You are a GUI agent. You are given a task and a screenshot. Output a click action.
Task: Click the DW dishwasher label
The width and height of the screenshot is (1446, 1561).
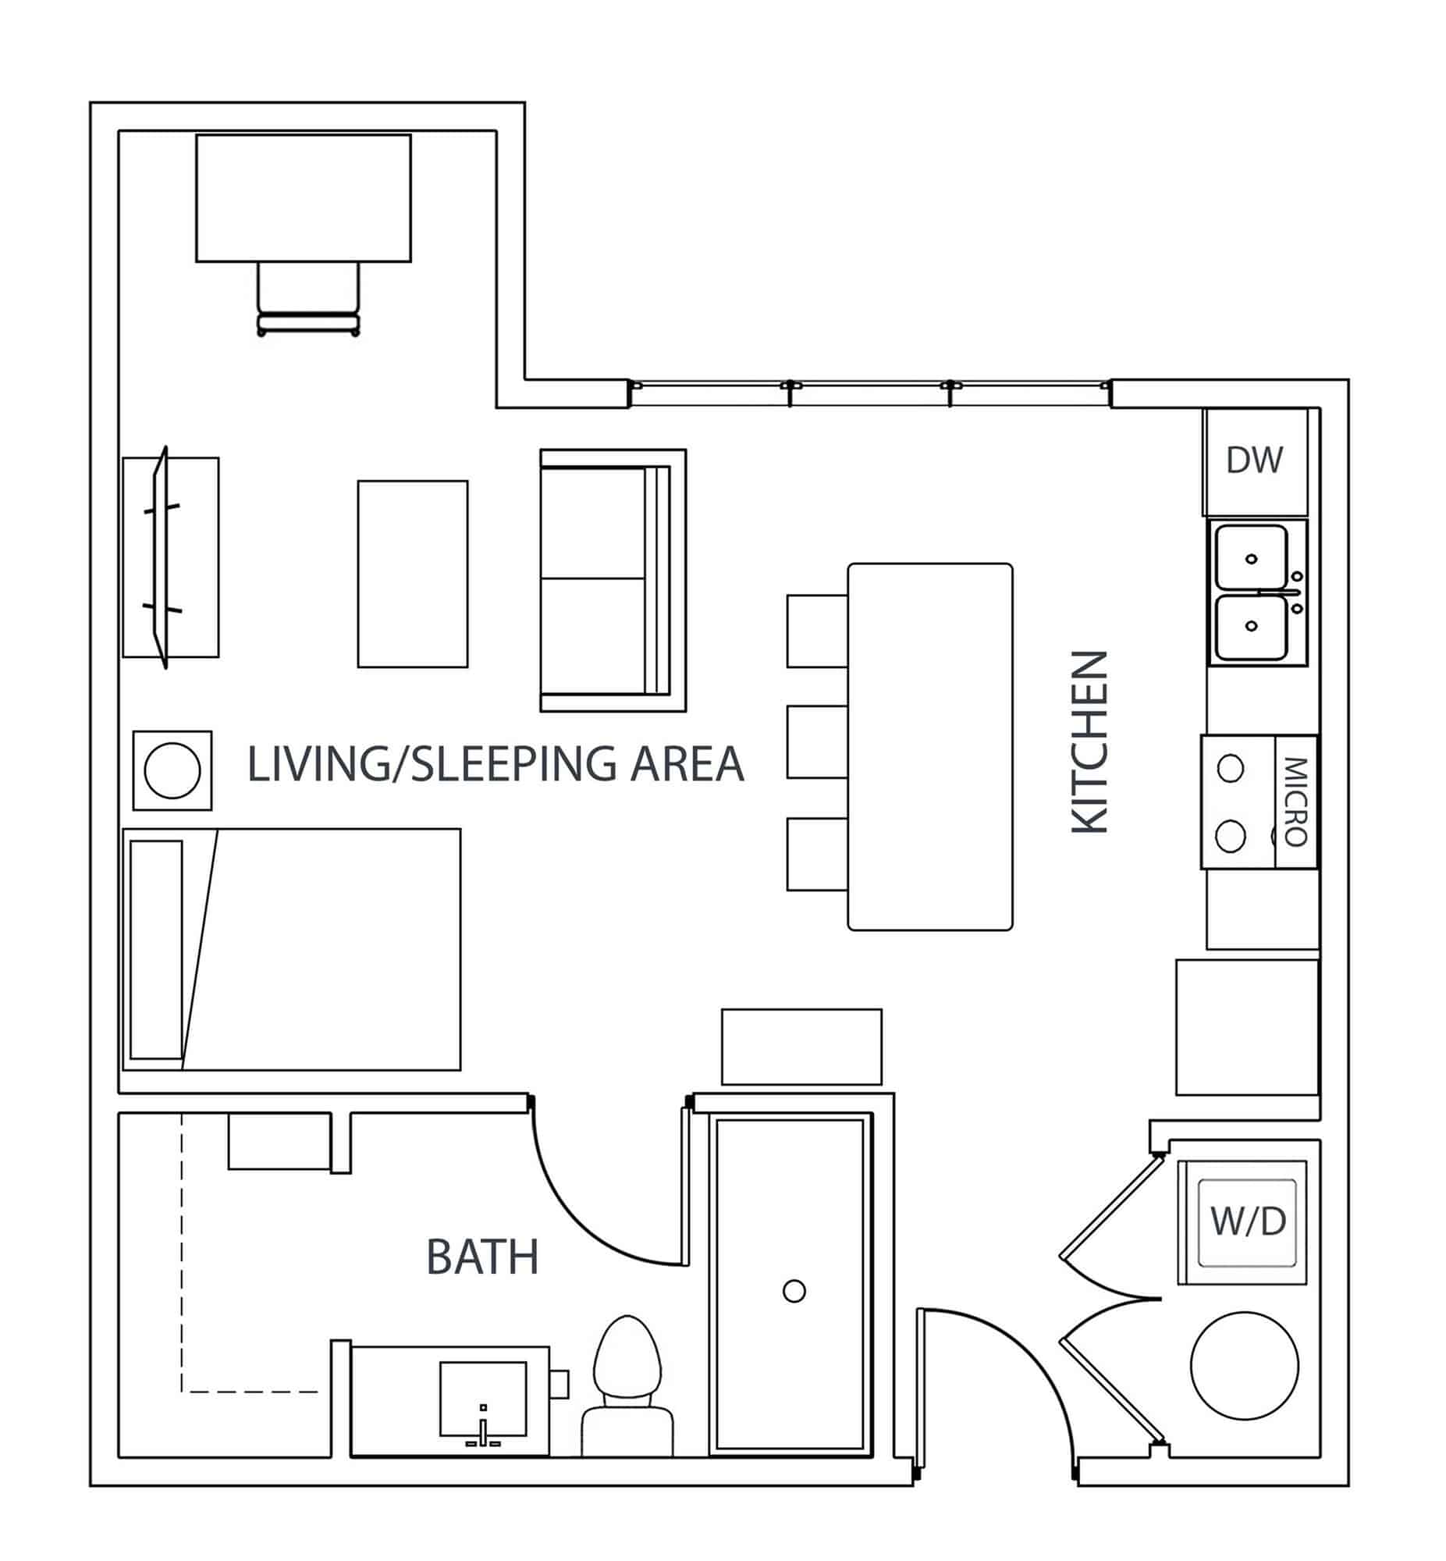click(1254, 460)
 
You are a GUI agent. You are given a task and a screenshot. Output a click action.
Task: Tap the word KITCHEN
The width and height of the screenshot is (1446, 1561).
click(1089, 741)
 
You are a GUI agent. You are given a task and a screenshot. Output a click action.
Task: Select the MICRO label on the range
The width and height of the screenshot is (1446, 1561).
click(1295, 802)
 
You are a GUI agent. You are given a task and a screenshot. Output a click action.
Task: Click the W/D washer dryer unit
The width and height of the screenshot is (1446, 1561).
click(1247, 1221)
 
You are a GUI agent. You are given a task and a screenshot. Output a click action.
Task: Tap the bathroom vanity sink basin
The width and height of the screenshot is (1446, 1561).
click(483, 1397)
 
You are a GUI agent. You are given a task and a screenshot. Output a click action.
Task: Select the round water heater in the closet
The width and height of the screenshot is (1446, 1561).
click(1244, 1365)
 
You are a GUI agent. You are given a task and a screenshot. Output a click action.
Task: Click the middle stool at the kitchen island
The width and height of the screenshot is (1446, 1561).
click(816, 741)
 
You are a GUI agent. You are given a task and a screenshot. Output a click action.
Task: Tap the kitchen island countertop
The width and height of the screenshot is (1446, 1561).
click(929, 747)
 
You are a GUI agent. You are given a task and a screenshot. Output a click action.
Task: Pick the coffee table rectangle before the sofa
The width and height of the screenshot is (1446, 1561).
click(412, 574)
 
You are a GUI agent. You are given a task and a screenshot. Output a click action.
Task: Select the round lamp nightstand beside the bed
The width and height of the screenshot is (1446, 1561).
click(172, 770)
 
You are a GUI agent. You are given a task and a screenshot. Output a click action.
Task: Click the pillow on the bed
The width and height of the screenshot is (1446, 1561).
click(157, 949)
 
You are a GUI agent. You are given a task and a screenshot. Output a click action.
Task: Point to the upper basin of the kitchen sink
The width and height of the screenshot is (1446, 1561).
click(1250, 557)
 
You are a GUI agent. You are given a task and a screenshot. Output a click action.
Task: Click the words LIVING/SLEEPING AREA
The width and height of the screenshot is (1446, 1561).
click(495, 764)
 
